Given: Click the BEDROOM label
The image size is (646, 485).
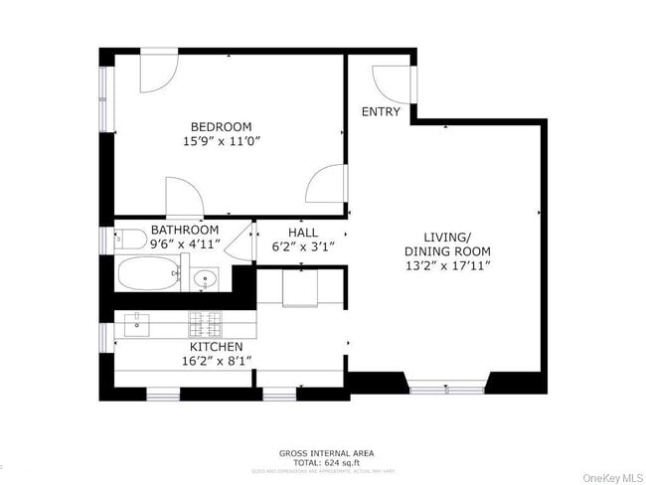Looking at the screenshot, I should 221,126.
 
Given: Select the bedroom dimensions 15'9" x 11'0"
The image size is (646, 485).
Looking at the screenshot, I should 221,142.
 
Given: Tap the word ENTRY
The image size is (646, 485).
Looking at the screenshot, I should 381,111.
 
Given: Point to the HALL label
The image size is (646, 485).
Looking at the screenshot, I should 302,232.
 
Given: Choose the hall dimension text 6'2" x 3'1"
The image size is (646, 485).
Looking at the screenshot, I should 303,246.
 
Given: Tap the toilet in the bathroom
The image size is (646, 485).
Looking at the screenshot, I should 124,240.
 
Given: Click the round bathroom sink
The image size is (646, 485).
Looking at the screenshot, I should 206,279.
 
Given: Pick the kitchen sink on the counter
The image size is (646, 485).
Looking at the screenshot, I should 137,323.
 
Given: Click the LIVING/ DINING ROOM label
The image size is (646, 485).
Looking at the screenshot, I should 446,243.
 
